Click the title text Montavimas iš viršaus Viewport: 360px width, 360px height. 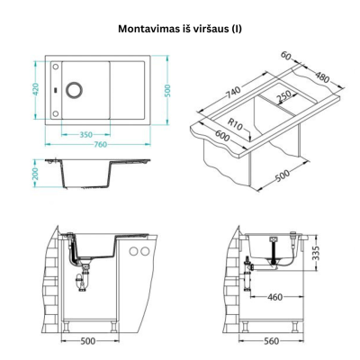click(x=180, y=28)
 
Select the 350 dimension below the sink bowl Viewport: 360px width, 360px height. click(x=85, y=134)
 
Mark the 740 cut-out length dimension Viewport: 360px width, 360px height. click(x=232, y=93)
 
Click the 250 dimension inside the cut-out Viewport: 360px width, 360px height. click(x=284, y=97)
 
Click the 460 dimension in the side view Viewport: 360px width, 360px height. click(x=276, y=296)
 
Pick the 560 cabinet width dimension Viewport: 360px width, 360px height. click(x=272, y=342)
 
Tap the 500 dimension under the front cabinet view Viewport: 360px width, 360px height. click(x=88, y=342)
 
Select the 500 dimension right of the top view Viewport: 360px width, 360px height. click(x=167, y=91)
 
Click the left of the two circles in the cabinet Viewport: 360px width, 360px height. click(x=134, y=251)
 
